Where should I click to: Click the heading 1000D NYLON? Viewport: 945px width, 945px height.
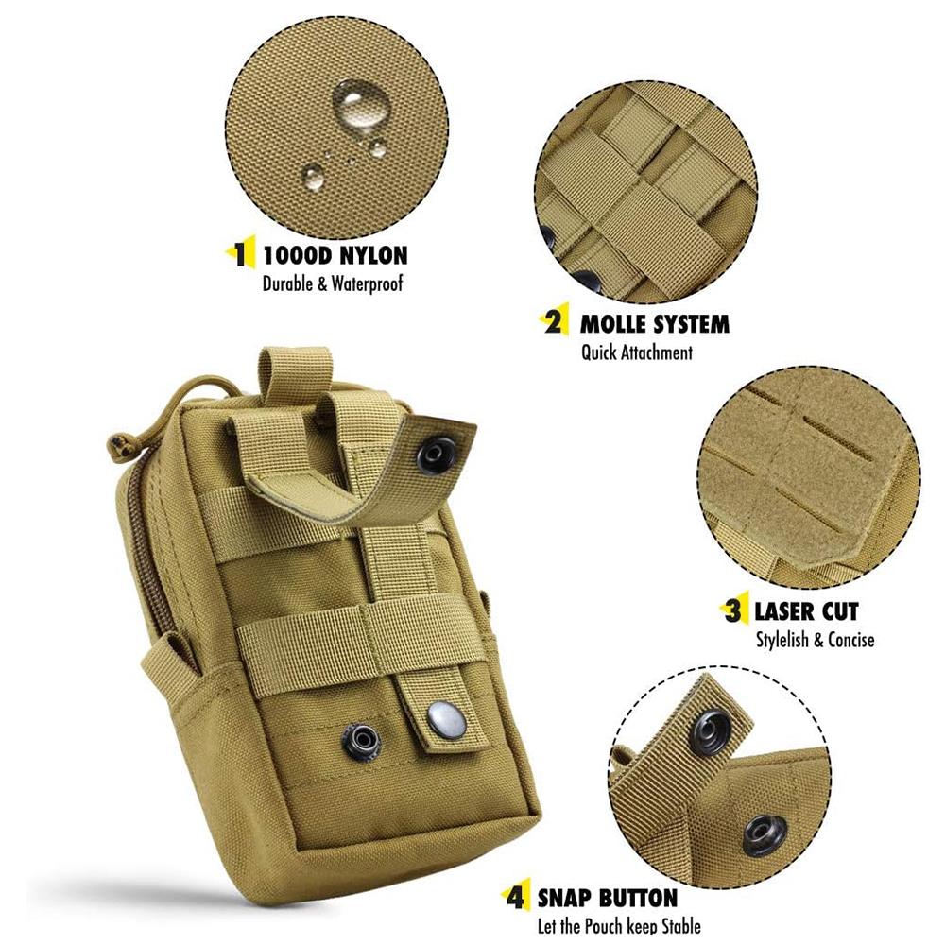pos(335,254)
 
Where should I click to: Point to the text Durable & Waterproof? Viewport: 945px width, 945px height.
pos(333,283)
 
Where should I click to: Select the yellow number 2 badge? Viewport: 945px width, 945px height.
pos(555,323)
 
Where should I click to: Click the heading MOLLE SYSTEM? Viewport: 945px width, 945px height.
pos(655,324)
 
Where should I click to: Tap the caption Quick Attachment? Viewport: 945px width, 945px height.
pos(636,352)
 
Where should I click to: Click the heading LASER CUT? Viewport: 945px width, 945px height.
pos(806,610)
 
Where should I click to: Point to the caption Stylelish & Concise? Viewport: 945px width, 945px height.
pos(815,640)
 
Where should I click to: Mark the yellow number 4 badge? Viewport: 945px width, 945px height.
pos(516,897)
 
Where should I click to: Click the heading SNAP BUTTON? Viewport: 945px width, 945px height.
pos(608,897)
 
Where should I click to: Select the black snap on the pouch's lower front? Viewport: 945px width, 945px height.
pos(361,739)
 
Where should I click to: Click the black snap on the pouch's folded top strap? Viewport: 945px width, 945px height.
pos(437,456)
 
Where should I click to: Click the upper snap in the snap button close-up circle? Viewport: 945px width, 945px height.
pos(710,732)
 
